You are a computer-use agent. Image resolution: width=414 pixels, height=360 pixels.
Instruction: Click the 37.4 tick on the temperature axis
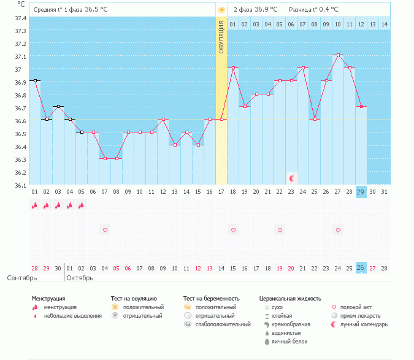pyautogui.click(x=20, y=18)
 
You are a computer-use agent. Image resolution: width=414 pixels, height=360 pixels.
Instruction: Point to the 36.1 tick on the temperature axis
pyautogui.click(x=20, y=185)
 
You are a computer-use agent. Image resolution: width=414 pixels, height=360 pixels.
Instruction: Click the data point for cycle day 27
pyautogui.click(x=338, y=55)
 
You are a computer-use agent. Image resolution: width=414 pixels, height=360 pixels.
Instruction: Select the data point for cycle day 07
pyautogui.click(x=105, y=158)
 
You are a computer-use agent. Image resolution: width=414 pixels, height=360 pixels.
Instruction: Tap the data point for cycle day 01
pyautogui.click(x=35, y=80)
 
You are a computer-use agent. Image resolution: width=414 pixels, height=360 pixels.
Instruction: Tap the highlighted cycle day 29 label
pyautogui.click(x=361, y=192)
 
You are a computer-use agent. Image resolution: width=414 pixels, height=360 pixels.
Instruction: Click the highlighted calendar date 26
pyautogui.click(x=361, y=268)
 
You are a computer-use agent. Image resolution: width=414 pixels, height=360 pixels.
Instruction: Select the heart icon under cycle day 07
pyautogui.click(x=105, y=230)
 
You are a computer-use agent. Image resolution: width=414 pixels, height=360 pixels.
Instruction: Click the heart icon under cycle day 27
pyautogui.click(x=338, y=230)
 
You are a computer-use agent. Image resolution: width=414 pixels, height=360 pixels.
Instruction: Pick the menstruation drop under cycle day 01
pyautogui.click(x=35, y=205)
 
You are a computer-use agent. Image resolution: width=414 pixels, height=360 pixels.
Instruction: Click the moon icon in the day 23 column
pyautogui.click(x=292, y=178)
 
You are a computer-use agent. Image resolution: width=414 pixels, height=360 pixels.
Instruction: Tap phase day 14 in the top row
pyautogui.click(x=384, y=24)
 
